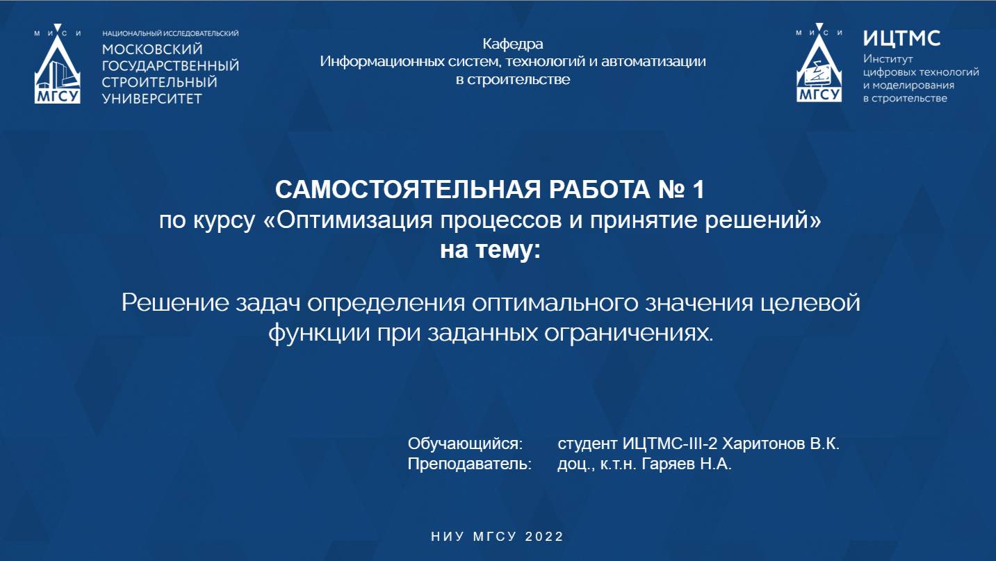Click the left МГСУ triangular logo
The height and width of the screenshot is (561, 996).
point(58,68)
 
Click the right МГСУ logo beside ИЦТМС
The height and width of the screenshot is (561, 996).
point(819,67)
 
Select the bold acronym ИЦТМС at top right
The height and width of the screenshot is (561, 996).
point(901,38)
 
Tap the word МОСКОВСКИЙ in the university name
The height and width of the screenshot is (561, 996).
point(152,49)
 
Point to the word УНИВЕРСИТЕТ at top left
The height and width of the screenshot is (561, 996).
point(152,99)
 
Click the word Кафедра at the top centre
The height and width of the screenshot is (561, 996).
point(513,44)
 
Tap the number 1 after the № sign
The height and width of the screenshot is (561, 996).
point(698,189)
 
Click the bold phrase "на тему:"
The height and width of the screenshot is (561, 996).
point(489,250)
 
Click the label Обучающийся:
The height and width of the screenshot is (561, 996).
point(464,444)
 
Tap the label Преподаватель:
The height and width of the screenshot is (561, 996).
point(469,464)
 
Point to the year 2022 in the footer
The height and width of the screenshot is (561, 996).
point(545,537)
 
